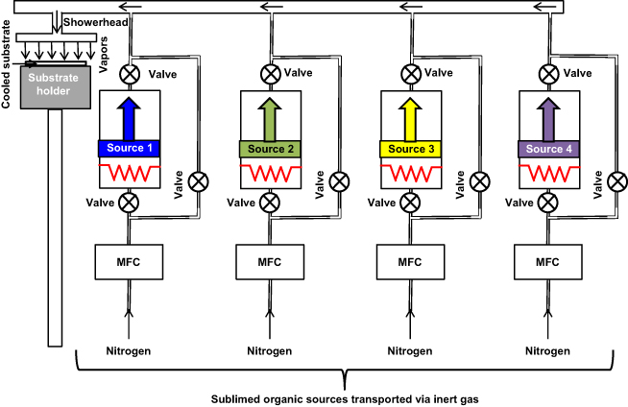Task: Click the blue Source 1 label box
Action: tap(129, 149)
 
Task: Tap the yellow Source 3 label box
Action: tap(410, 149)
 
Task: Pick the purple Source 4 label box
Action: tap(547, 149)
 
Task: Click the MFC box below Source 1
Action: tap(129, 261)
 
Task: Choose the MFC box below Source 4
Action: tap(547, 261)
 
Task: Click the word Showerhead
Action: tap(91, 20)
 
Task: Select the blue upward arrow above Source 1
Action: tap(129, 119)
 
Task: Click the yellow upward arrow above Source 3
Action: tap(410, 119)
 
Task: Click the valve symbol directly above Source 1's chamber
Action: tap(129, 73)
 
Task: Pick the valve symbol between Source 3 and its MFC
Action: tap(410, 203)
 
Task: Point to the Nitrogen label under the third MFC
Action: tap(410, 351)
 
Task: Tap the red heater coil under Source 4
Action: tap(547, 174)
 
